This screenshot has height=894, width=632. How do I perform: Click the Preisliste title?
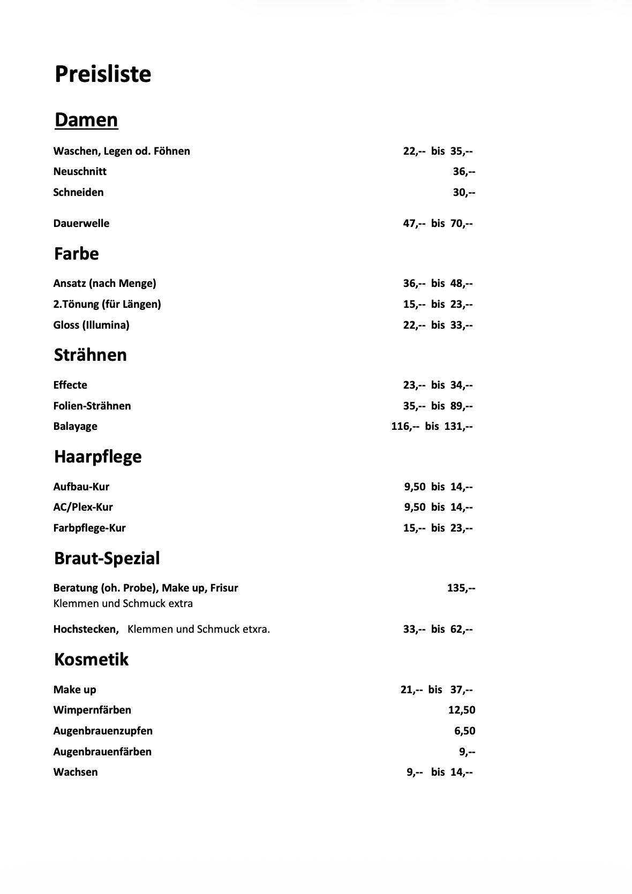click(x=103, y=74)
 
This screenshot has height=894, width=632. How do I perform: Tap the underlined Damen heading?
click(x=86, y=119)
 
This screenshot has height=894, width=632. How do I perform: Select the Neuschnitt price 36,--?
click(x=464, y=171)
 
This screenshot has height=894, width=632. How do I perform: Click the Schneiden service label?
click(x=78, y=192)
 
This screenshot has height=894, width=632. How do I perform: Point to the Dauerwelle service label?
click(x=81, y=223)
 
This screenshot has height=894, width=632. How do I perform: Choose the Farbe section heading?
click(x=77, y=253)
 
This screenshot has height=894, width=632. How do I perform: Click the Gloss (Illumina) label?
click(x=91, y=325)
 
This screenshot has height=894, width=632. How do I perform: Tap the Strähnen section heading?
click(x=91, y=355)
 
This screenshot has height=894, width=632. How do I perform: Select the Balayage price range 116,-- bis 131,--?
click(x=432, y=426)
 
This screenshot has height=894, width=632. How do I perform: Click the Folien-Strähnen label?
click(x=92, y=406)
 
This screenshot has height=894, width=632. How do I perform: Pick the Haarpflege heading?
click(x=98, y=457)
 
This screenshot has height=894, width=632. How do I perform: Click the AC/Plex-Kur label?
click(x=83, y=507)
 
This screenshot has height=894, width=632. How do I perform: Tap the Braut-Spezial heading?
click(x=107, y=558)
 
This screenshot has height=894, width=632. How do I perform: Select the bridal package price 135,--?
click(x=461, y=588)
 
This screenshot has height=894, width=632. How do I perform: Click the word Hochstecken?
click(x=86, y=629)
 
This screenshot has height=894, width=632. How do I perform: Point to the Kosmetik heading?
click(x=92, y=659)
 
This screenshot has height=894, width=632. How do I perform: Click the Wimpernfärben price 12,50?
click(x=462, y=710)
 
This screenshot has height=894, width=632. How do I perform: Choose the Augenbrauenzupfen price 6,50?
click(x=465, y=731)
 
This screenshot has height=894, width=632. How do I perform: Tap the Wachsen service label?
click(x=76, y=772)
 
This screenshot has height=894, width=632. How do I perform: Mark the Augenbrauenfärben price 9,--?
click(x=467, y=752)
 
